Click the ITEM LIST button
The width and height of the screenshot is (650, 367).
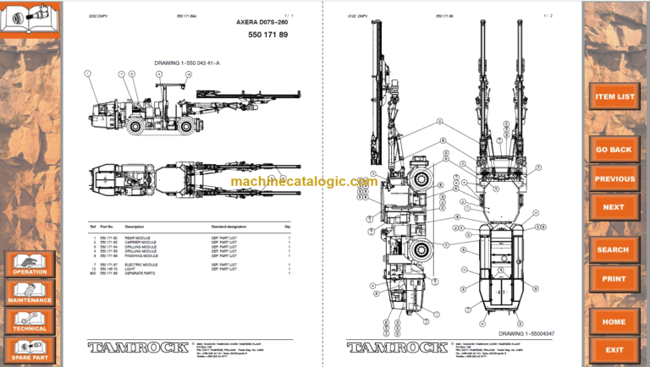[615, 96]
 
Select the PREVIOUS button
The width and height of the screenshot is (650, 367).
[614, 178]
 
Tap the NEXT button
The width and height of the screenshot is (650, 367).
[614, 206]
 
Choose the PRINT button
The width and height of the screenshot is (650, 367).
[614, 278]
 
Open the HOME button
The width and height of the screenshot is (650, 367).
[614, 321]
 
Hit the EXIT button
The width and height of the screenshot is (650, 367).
[614, 349]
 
